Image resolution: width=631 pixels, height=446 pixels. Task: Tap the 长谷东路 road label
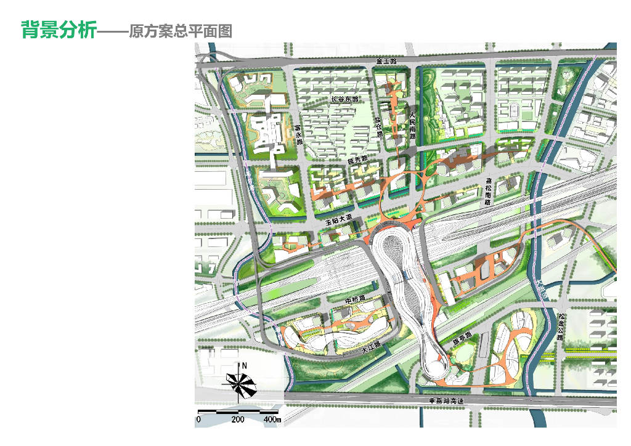click(344, 99)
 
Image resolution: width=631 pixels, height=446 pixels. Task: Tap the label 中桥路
click(354, 299)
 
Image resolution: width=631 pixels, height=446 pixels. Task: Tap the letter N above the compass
click(245, 365)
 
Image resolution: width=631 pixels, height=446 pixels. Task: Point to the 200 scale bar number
click(238, 420)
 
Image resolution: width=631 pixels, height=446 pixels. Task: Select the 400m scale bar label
click(272, 420)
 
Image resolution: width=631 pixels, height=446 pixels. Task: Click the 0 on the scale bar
click(198, 420)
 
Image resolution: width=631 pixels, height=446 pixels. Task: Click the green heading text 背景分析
click(59, 30)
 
